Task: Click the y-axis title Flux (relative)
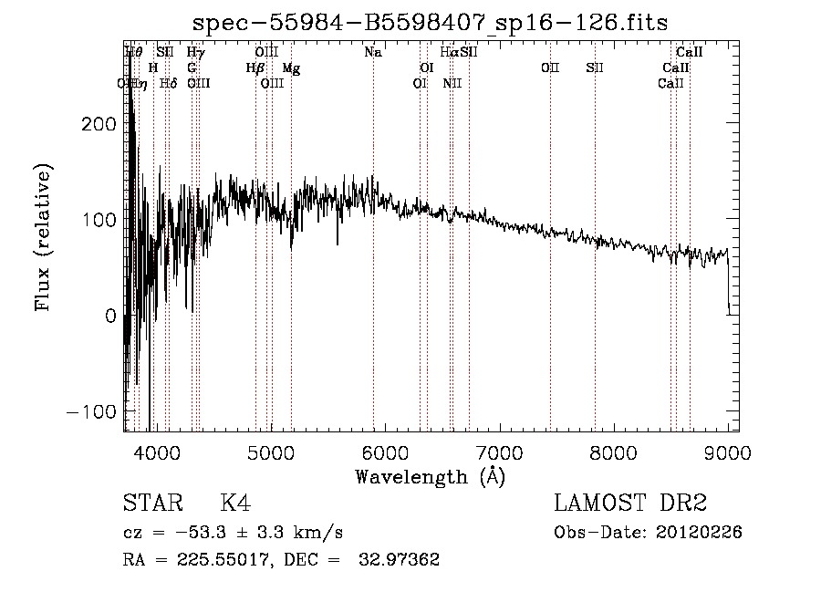pyautogui.click(x=43, y=237)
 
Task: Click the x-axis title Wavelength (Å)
pyautogui.click(x=430, y=476)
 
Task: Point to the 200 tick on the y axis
pyautogui.click(x=99, y=123)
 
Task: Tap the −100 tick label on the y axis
pyautogui.click(x=93, y=410)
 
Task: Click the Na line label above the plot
pyautogui.click(x=372, y=53)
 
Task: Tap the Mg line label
pyautogui.click(x=291, y=68)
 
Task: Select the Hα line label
pyautogui.click(x=449, y=53)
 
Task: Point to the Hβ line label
pyautogui.click(x=255, y=68)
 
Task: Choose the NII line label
pyautogui.click(x=452, y=83)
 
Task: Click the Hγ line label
pyautogui.click(x=195, y=53)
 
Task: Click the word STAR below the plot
pyautogui.click(x=151, y=504)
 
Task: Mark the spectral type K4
pyautogui.click(x=235, y=504)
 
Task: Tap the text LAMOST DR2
pyautogui.click(x=630, y=504)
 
